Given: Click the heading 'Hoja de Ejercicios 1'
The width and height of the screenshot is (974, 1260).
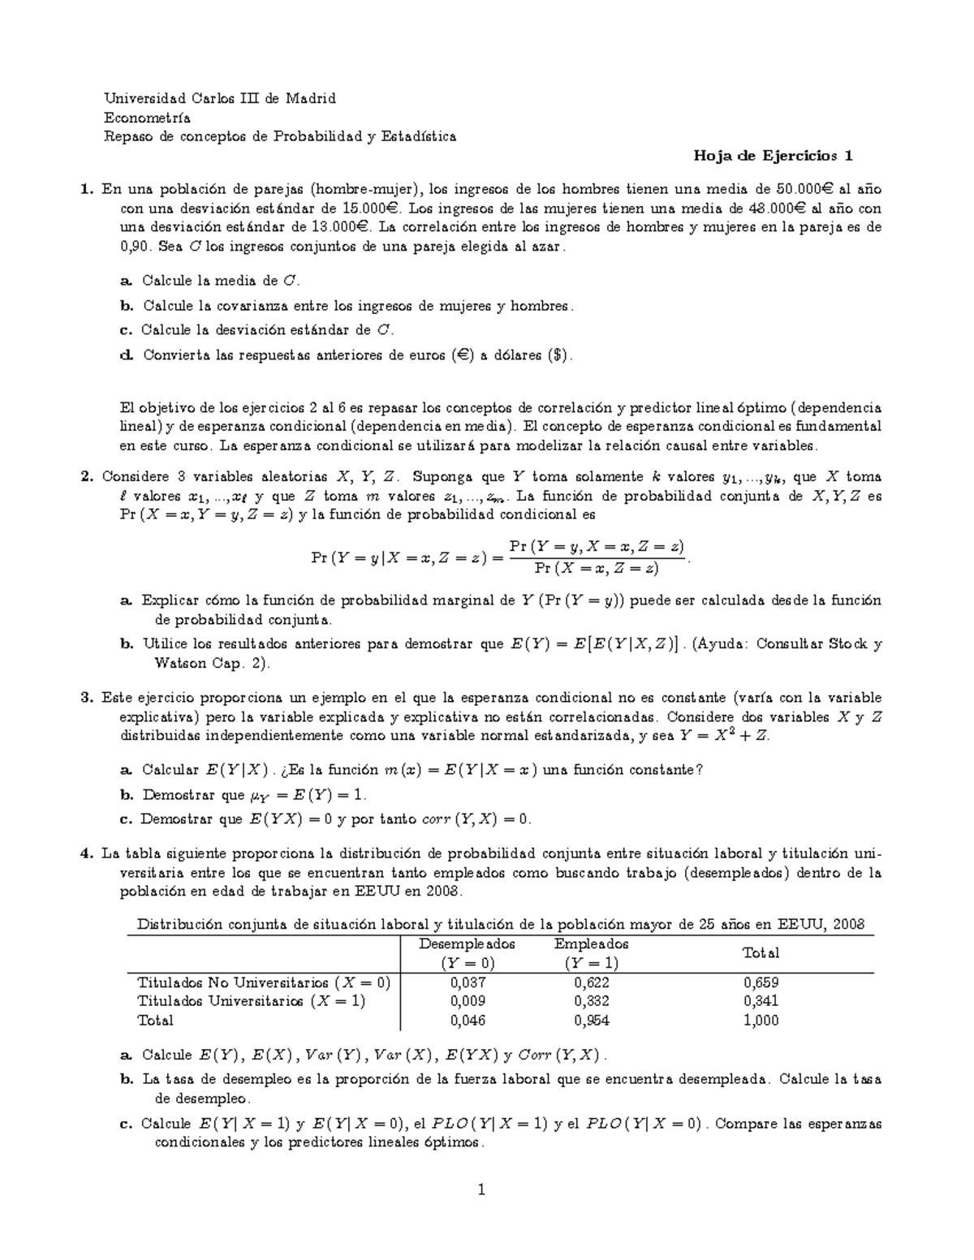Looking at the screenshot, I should coord(772,156).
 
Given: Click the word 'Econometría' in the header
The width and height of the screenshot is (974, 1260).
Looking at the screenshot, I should coord(147,118).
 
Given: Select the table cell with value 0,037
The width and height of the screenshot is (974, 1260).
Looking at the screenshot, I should coord(467,983).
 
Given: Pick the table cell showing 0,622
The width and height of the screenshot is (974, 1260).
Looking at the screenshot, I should coord(591,983).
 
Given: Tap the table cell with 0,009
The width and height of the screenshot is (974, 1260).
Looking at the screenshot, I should coord(467,1001).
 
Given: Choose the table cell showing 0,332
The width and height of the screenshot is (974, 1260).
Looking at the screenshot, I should coord(591,1001).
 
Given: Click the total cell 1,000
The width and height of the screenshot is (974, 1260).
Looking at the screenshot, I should coord(761,1021).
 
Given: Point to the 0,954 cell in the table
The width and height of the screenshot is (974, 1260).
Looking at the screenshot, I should coord(591,1021).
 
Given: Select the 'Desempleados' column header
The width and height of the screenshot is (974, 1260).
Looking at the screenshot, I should coord(467,944).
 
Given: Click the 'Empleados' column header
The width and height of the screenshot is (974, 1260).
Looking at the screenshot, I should coord(591,944).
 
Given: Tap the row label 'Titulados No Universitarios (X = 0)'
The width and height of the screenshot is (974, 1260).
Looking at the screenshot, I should coord(264,983).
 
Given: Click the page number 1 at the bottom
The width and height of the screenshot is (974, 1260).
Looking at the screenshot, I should coord(481,1190).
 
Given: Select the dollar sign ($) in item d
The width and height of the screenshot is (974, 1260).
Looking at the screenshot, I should coord(557,355).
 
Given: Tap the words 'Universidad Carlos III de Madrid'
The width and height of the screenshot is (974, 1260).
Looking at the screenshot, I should coord(219,99).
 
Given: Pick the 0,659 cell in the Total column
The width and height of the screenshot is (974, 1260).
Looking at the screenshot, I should coord(761,983).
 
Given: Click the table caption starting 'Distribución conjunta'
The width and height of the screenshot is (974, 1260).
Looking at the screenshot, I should coord(501,924).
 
